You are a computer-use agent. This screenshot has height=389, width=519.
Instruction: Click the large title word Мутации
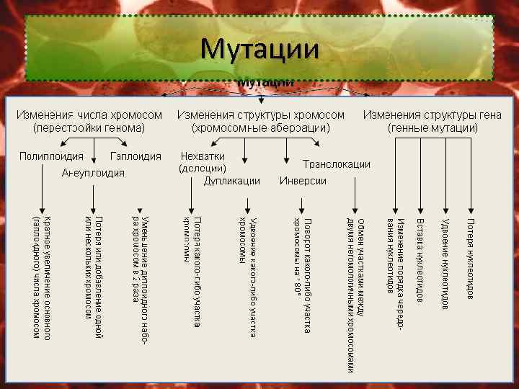[259, 49]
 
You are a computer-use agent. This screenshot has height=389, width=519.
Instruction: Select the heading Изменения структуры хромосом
[261, 115]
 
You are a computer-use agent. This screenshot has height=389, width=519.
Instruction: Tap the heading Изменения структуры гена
[432, 115]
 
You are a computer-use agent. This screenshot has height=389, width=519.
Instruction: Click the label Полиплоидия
[51, 156]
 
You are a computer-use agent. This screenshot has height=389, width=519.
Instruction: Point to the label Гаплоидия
[136, 156]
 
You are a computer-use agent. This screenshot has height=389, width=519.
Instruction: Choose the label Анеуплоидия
[94, 173]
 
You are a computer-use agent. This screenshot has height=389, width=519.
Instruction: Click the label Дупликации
[232, 181]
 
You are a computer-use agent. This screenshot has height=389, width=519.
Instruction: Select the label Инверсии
[303, 181]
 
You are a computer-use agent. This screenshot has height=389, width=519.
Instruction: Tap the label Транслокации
[337, 164]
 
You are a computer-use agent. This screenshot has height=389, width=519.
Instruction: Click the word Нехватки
[203, 156]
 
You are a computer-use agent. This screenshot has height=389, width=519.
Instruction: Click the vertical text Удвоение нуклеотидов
[445, 264]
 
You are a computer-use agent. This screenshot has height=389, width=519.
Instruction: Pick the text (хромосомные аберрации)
[261, 128]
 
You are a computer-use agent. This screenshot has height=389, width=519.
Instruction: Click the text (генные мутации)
[432, 128]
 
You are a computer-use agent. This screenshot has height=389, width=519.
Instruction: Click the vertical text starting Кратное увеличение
[42, 277]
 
